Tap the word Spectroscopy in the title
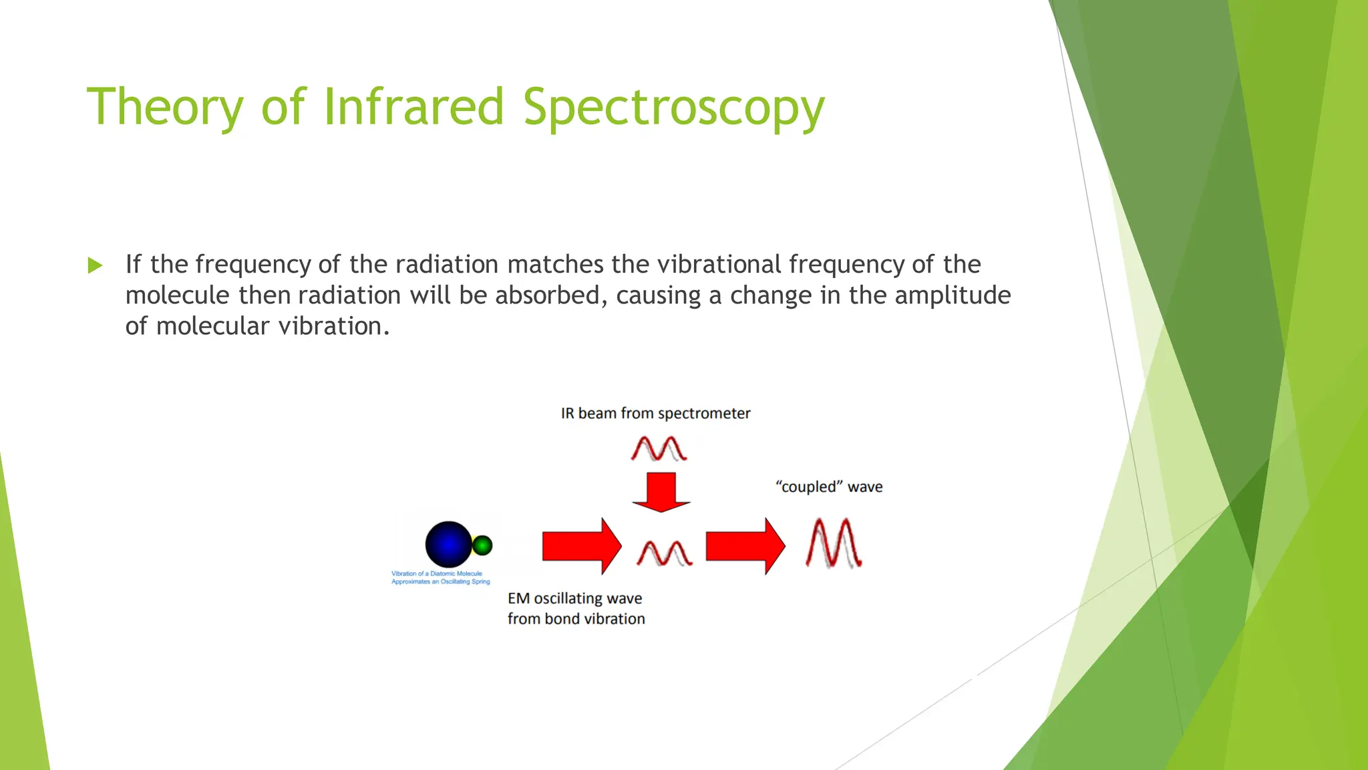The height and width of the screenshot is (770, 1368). point(673,108)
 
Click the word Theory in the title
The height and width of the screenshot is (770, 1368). point(165,108)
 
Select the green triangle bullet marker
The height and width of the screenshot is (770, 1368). point(96,265)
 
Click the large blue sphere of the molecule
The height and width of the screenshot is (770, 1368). point(448,544)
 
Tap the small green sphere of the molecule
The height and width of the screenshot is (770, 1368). point(482,545)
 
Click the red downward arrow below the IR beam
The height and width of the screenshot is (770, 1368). point(661,492)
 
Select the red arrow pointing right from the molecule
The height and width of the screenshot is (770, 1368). point(581,546)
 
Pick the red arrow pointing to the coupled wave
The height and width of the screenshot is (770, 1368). point(745,546)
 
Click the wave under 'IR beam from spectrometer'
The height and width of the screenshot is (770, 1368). point(659,448)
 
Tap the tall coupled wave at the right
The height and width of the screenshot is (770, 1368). point(834,543)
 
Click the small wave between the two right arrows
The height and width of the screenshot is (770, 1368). point(664,553)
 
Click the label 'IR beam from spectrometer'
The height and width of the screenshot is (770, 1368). point(655,413)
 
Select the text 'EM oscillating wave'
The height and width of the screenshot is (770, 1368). point(574,598)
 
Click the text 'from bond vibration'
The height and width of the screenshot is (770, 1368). point(576,619)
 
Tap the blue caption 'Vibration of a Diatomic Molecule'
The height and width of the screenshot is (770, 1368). point(436,573)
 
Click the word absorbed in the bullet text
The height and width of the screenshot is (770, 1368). point(550,295)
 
